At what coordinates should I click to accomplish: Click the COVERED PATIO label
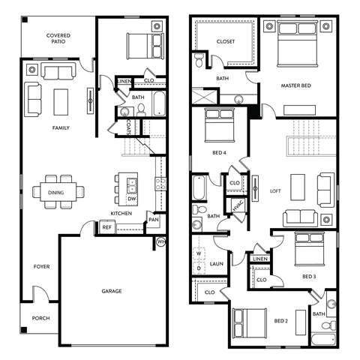coord(58,39)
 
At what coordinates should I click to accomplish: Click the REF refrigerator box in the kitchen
coord(106,227)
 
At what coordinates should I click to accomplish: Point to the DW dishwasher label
coord(131,199)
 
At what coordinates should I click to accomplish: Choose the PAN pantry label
coord(153,220)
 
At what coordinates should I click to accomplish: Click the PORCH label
coord(40,318)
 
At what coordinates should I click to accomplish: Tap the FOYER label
coord(41,266)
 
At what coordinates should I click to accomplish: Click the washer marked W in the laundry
coord(199,254)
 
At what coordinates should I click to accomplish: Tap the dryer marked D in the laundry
coord(199,267)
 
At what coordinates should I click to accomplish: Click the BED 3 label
coord(309,276)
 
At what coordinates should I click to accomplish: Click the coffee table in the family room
coord(61,100)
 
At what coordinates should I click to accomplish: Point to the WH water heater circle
coord(160,241)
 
